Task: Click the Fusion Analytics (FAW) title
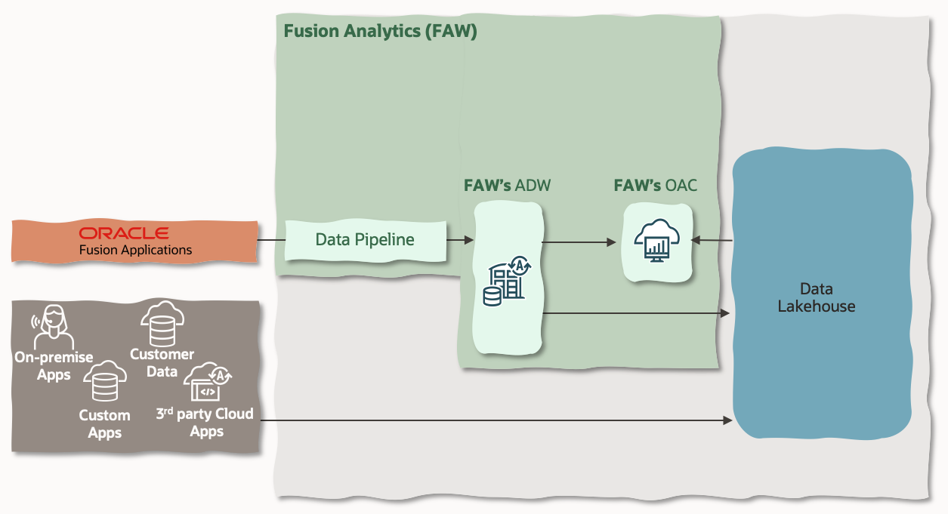[x=380, y=32]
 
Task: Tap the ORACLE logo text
[x=124, y=233]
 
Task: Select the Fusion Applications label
[x=136, y=250]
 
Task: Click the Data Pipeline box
[x=365, y=240]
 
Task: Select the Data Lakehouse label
[x=816, y=297]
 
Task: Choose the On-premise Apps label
[x=54, y=366]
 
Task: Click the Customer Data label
[x=162, y=362]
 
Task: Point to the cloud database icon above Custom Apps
[x=104, y=383]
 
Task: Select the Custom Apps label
[x=104, y=424]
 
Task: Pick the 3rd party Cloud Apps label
[x=205, y=423]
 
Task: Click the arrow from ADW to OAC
[x=579, y=242]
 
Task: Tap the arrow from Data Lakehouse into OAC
[x=712, y=241]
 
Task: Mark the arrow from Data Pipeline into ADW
[x=459, y=240]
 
